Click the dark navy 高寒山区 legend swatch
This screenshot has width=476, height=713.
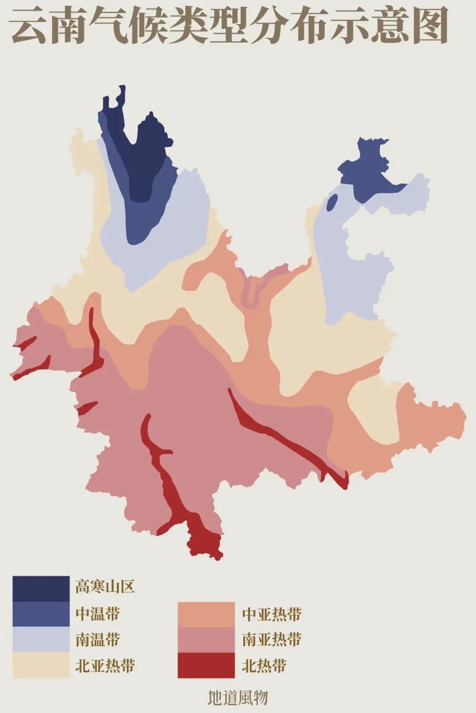click(x=41, y=588)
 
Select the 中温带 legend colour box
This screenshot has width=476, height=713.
click(x=41, y=614)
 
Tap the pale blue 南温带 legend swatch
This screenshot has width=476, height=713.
click(x=41, y=639)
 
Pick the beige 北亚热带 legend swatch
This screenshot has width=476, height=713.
click(x=41, y=665)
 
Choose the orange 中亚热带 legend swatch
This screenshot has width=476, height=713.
click(x=206, y=614)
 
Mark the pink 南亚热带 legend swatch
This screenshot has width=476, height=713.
click(x=206, y=639)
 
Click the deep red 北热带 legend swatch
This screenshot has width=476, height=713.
click(x=206, y=665)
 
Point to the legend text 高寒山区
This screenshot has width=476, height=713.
click(x=105, y=587)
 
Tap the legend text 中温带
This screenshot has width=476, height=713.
click(x=97, y=613)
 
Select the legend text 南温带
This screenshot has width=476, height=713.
click(x=97, y=639)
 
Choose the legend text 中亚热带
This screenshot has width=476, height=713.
click(x=271, y=614)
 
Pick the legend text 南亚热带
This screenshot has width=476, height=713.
click(x=271, y=639)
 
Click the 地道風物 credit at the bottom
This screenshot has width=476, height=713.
click(x=238, y=697)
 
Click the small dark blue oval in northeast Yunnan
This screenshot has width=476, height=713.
click(x=332, y=203)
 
